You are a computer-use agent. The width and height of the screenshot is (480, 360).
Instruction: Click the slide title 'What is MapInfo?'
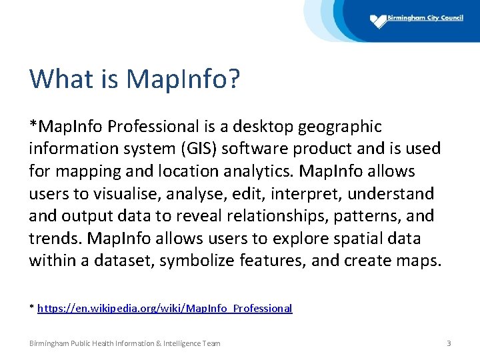click(134, 79)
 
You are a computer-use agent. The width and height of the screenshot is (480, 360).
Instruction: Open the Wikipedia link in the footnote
click(165, 308)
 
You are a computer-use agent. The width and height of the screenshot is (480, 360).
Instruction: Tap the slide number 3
click(449, 343)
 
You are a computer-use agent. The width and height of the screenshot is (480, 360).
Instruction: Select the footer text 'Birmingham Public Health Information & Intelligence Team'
click(125, 343)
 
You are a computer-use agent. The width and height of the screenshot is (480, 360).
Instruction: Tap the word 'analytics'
click(256, 171)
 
